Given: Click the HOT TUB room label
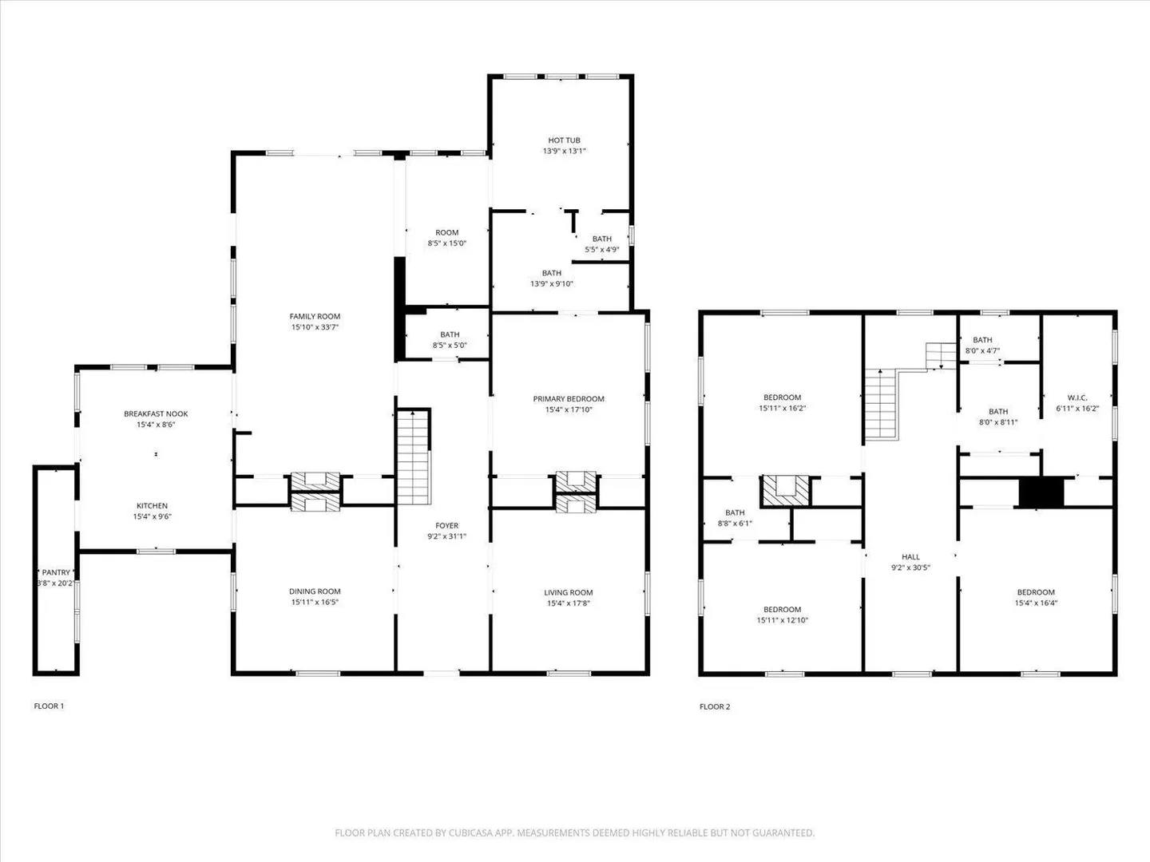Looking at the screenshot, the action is point(564,140).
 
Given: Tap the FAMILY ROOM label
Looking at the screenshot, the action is point(315,316).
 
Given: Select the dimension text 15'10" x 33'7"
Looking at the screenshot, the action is point(315,327).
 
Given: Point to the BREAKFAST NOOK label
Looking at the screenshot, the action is point(156,413).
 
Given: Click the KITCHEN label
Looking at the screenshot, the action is point(152,505).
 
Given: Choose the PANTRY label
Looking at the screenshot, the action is point(56,572).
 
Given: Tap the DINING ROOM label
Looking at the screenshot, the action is point(315,591).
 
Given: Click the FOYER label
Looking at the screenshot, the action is point(447,525).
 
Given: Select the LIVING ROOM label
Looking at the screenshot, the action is point(569,592).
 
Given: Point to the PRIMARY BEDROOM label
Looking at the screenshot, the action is point(569,399).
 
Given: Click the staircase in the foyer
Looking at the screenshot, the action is point(414,457).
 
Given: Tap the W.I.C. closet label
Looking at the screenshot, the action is point(1077,397).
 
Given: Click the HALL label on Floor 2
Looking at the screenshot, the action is point(910,557).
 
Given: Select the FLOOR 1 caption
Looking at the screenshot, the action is point(49,706).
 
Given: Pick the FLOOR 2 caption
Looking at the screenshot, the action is point(715,706).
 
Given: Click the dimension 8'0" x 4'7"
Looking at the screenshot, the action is point(982,350).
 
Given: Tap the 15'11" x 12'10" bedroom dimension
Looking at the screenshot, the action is point(782,620).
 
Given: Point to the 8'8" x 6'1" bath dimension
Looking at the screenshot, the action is point(735,523).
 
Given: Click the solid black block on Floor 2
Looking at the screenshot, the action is point(1041,492).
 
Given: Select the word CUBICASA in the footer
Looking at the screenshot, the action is point(470,832).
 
